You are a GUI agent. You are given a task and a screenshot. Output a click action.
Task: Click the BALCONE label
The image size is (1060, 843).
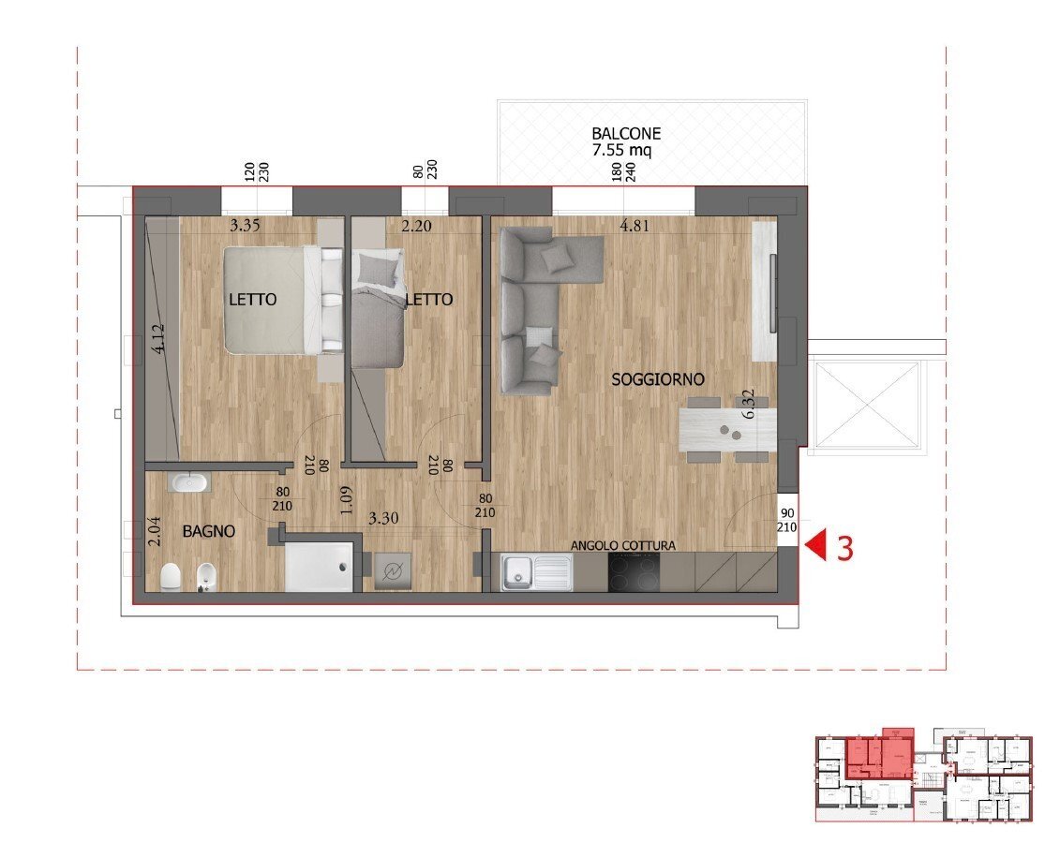coord(626,133)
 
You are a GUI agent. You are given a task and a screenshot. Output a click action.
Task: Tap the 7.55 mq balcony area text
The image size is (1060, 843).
coord(626,150)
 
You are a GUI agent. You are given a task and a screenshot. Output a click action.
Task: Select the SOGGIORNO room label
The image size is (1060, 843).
coord(657,379)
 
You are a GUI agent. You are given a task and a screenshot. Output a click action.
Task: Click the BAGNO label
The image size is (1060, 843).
coord(208,531)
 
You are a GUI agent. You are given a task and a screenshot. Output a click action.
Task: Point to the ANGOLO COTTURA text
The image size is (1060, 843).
coord(623,545)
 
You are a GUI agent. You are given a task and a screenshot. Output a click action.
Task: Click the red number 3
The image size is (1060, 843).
coord(844,548)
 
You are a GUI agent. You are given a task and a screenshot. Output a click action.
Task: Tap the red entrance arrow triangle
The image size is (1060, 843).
coord(816,546)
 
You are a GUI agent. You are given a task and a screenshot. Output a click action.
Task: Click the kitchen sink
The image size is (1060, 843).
coord(536,572)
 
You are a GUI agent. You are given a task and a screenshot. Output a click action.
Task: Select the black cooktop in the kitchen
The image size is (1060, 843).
coord(634,571)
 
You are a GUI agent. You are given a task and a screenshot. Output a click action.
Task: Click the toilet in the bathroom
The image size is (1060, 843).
coord(170,577)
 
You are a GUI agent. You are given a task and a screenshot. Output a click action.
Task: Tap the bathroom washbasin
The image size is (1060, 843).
coord(189,482)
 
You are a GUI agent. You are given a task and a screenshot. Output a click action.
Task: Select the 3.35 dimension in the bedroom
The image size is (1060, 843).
coord(246,226)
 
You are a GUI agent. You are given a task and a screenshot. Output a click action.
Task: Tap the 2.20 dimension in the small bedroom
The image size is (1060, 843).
coord(416,226)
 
